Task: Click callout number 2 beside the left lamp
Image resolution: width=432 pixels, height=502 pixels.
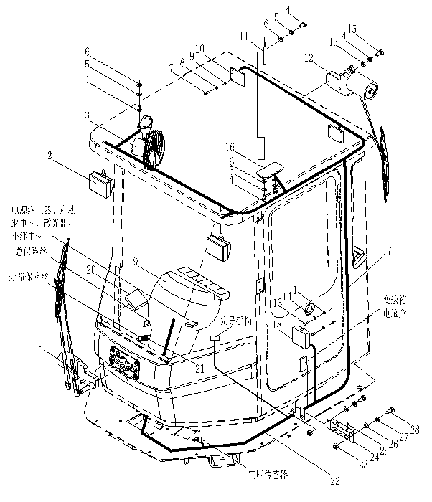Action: point(50,154)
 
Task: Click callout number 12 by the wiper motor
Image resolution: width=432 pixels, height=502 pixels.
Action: point(309,56)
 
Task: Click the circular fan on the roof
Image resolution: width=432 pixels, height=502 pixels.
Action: point(154,149)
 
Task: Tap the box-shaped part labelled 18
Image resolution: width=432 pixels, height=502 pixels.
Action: point(300,336)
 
